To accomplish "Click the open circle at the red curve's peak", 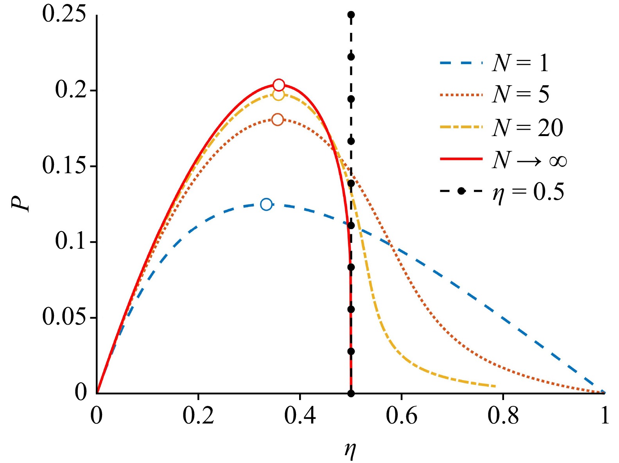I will (279, 85).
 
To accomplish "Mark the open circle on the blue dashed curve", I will (266, 204).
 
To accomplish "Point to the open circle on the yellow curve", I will (278, 95).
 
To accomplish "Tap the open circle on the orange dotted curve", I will (278, 120).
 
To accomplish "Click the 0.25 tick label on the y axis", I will (64, 14).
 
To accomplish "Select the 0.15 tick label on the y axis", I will (64, 166).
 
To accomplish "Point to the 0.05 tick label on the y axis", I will (64, 317).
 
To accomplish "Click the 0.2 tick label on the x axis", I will (198, 416).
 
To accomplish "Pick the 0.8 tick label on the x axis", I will (503, 416).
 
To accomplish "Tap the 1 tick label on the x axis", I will (605, 416).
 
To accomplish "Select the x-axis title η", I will (350, 450).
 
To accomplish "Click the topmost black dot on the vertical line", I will (351, 15).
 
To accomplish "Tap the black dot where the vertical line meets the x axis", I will (351, 393).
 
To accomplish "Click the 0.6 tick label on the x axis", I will (402, 416).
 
